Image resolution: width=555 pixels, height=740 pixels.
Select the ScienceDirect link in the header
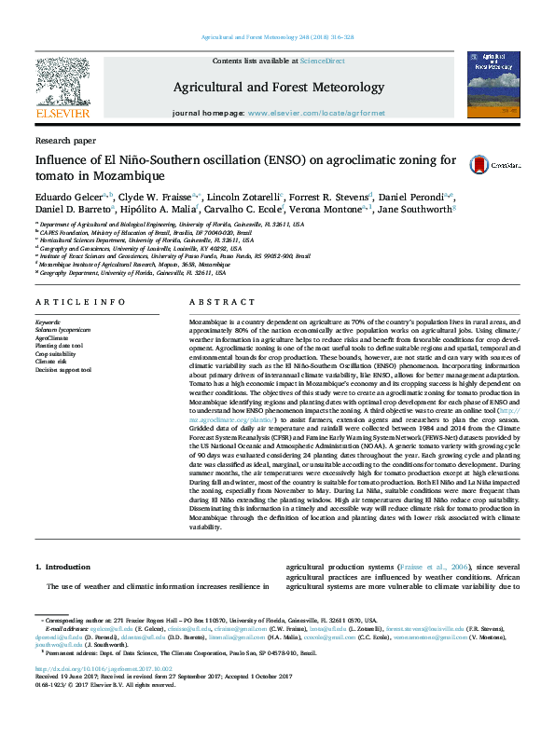coord(322,61)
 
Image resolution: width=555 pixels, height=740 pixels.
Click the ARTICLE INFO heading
coord(79,303)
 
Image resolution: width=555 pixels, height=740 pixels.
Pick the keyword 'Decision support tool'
coord(63,370)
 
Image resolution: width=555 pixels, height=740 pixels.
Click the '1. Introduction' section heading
coord(62,567)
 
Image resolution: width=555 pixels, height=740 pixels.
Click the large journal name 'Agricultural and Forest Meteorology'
coord(278,88)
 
